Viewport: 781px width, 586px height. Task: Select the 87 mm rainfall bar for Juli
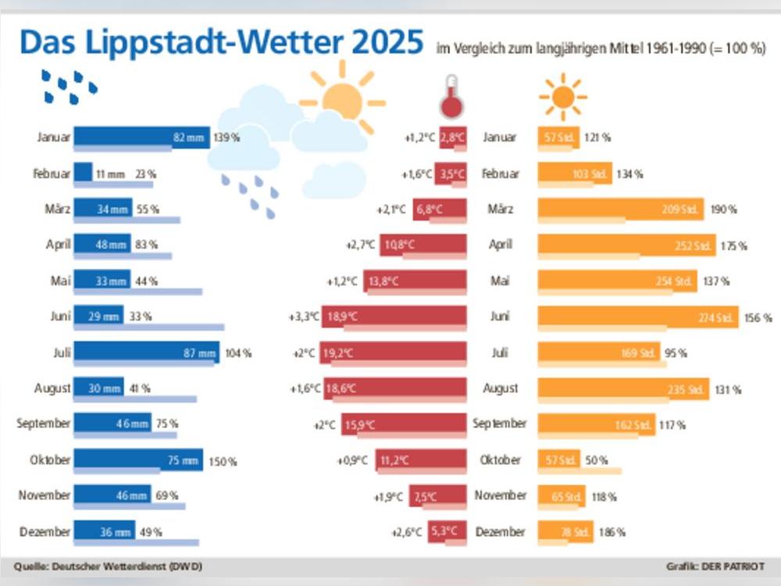pyautogui.click(x=147, y=353)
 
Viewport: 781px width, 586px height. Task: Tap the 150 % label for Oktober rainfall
pyautogui.click(x=223, y=462)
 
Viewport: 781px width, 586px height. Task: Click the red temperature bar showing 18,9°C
pyautogui.click(x=405, y=316)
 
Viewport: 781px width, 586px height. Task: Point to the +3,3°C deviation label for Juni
pyautogui.click(x=305, y=316)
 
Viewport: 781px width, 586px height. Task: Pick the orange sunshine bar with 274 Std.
pyautogui.click(x=637, y=317)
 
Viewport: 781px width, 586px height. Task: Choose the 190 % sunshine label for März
pyautogui.click(x=724, y=209)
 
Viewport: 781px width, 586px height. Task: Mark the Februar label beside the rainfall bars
pyautogui.click(x=52, y=173)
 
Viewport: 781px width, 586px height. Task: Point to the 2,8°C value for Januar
pyautogui.click(x=452, y=138)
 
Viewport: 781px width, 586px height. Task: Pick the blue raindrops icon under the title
pyautogui.click(x=70, y=88)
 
